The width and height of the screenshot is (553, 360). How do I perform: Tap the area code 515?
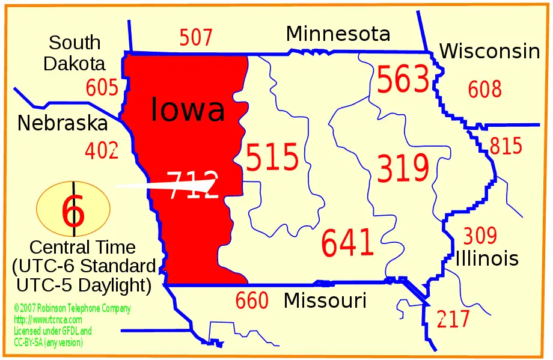(x=272, y=158)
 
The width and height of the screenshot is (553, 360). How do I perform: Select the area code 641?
(x=347, y=243)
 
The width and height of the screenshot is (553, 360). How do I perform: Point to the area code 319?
(x=403, y=169)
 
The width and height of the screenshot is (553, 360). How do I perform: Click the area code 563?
(x=403, y=81)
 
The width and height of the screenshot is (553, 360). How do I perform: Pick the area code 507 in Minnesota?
(x=196, y=38)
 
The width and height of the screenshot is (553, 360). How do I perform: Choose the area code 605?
(x=102, y=88)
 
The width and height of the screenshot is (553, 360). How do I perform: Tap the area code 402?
(x=101, y=150)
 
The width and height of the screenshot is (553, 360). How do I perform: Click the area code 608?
(x=484, y=90)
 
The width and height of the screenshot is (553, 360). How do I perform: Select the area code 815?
(x=506, y=146)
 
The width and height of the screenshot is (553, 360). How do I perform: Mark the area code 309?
(x=480, y=236)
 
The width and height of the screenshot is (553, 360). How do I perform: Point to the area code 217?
(x=453, y=319)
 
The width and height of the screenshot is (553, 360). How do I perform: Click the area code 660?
(x=252, y=301)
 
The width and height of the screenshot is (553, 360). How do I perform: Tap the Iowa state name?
(x=188, y=110)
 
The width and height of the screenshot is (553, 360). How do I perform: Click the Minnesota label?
(x=338, y=34)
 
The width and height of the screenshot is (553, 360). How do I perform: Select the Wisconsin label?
(x=489, y=52)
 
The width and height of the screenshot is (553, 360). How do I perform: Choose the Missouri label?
(x=325, y=300)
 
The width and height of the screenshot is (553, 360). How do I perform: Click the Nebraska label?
(x=63, y=123)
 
